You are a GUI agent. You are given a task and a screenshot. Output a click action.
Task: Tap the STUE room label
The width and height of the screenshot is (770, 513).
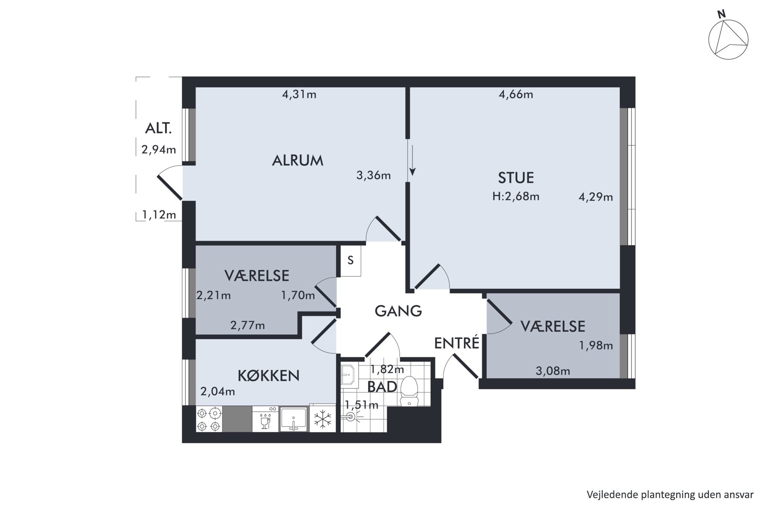[x=516, y=178]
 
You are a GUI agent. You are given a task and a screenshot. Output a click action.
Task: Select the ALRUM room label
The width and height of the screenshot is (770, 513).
[x=297, y=161]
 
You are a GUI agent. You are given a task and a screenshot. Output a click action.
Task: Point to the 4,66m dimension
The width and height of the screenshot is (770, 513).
[x=516, y=94]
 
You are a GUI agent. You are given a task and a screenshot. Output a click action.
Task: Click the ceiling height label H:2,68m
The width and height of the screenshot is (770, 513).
[x=516, y=197]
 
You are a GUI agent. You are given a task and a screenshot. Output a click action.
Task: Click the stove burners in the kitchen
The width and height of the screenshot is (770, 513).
[x=209, y=419]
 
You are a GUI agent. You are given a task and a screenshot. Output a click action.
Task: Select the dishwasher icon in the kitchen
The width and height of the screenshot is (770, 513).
[x=265, y=419]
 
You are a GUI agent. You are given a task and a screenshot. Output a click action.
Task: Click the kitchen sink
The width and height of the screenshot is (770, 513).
[x=293, y=419]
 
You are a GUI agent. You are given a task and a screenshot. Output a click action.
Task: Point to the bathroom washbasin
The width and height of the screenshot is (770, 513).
[x=349, y=375]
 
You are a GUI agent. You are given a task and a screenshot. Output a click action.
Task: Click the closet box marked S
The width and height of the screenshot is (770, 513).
[x=350, y=261]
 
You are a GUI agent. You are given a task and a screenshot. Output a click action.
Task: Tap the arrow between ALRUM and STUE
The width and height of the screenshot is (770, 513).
[x=413, y=160]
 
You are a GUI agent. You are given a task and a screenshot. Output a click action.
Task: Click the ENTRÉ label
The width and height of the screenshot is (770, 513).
[x=456, y=344]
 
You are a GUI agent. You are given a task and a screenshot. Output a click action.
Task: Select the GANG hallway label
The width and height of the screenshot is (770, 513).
[x=398, y=311]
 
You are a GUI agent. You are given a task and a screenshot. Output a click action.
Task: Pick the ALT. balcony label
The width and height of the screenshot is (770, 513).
[x=158, y=128]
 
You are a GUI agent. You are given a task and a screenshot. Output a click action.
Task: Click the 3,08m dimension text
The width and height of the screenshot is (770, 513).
[x=553, y=371]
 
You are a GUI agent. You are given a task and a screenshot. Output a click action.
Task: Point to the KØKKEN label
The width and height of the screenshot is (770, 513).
[x=268, y=376]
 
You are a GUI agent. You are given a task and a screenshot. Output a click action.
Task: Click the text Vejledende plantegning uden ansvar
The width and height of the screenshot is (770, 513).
[x=670, y=495]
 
